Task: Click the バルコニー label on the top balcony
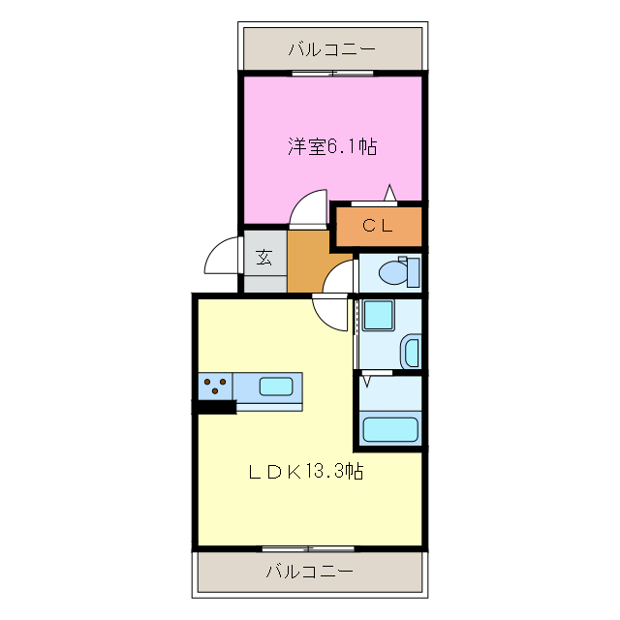tap(331, 48)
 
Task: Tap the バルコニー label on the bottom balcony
tap(310, 572)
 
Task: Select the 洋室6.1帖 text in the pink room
tap(331, 147)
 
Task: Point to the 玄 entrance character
tap(263, 258)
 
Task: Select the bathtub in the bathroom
tap(388, 427)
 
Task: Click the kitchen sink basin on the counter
tap(275, 387)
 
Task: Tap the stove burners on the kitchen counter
tap(216, 387)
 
